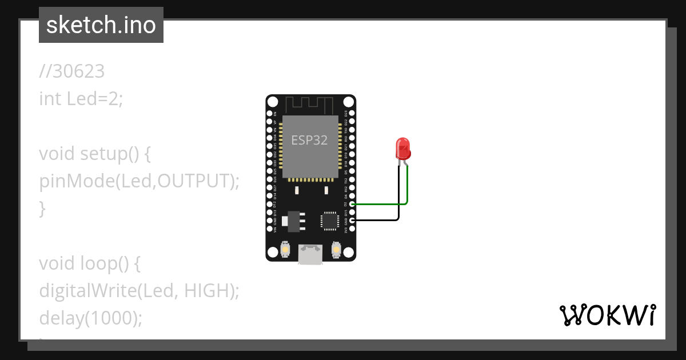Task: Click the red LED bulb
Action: pyautogui.click(x=403, y=148)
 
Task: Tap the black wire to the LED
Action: pyautogui.click(x=377, y=220)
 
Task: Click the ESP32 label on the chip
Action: pyautogui.click(x=309, y=140)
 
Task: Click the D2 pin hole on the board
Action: pyautogui.click(x=352, y=204)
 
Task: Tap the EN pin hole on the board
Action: pyautogui.click(x=269, y=114)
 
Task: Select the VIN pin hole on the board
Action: pyautogui.click(x=269, y=229)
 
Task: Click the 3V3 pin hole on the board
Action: pyautogui.click(x=352, y=229)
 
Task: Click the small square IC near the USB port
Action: pyautogui.click(x=330, y=221)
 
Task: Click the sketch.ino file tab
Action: pyautogui.click(x=101, y=25)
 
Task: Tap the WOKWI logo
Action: pyautogui.click(x=607, y=315)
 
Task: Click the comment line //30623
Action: pyautogui.click(x=72, y=71)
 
